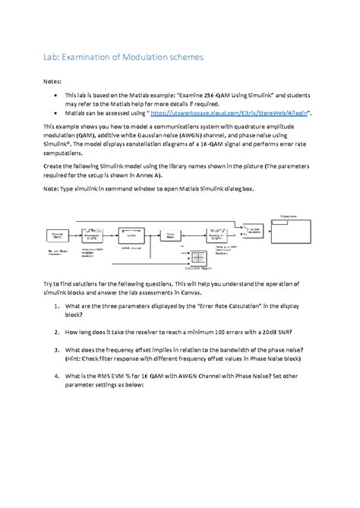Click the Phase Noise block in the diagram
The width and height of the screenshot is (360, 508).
[169, 235]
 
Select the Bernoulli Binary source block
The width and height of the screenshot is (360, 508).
[58, 235]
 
